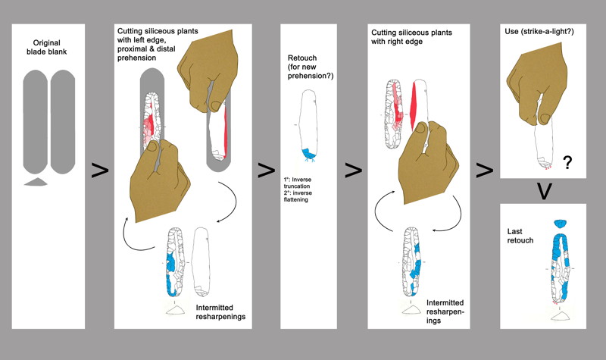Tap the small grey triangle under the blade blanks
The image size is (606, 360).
coord(36,182)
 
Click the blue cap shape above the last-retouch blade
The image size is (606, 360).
coord(562,224)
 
